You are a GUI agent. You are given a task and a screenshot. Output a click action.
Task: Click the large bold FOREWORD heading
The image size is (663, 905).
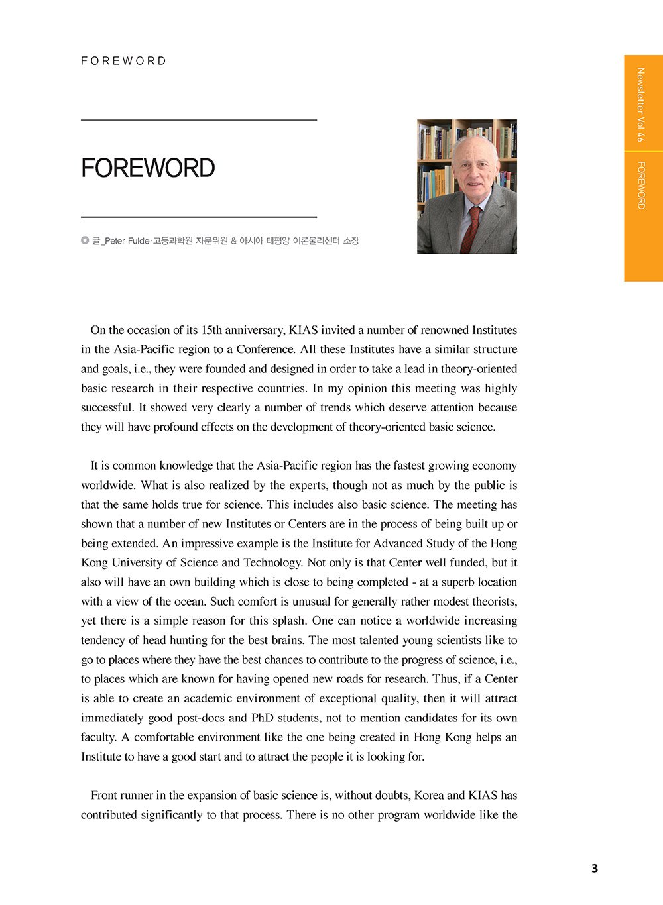(148, 168)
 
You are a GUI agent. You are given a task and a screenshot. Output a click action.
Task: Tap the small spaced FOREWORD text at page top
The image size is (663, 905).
(124, 61)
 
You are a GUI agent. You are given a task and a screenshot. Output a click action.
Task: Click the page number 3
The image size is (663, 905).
(594, 868)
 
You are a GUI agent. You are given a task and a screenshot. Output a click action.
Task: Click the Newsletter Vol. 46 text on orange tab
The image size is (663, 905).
(640, 105)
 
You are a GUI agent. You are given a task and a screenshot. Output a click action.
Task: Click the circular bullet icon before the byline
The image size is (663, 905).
(85, 240)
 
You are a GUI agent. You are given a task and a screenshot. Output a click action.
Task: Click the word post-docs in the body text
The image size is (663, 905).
(200, 718)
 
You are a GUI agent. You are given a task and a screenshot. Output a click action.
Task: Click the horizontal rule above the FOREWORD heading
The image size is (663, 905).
(199, 120)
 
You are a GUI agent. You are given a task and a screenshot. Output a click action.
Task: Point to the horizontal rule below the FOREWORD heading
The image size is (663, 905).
(199, 217)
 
